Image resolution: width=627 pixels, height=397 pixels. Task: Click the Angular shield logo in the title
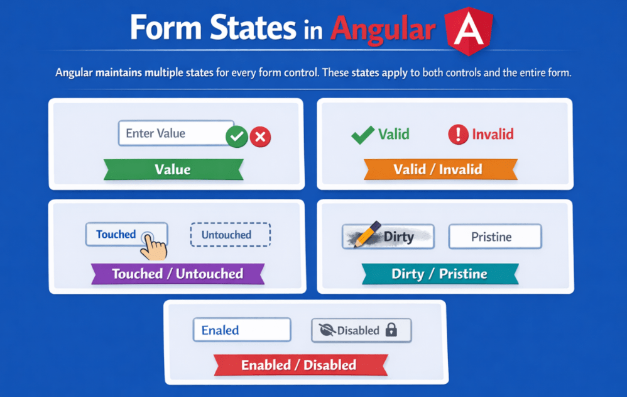coord(468,30)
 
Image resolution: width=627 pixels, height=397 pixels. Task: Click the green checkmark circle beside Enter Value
coord(236,136)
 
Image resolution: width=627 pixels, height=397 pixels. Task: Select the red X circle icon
coord(260,137)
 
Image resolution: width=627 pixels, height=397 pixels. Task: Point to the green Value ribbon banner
coord(173,169)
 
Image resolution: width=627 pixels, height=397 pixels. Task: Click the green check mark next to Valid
coord(363,134)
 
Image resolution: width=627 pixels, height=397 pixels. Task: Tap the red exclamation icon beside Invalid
coord(458,134)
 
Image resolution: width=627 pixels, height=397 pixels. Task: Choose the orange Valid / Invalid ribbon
coord(438,169)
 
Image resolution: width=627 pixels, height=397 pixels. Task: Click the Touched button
coord(119,234)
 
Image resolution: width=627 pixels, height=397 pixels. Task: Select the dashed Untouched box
coord(230,235)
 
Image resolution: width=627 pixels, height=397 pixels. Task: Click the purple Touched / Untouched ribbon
coord(177,274)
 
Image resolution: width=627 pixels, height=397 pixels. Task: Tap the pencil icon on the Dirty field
coord(367,233)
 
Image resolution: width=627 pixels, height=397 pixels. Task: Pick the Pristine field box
coord(494,237)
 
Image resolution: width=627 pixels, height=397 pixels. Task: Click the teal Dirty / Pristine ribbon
coord(439,274)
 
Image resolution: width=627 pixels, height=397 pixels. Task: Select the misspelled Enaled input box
coord(242,330)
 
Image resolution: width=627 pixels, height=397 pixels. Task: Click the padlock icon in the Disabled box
coord(391,330)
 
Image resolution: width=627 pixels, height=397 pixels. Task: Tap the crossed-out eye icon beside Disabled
coord(327,330)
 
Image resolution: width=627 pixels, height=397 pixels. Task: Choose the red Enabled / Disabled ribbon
coord(298,365)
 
